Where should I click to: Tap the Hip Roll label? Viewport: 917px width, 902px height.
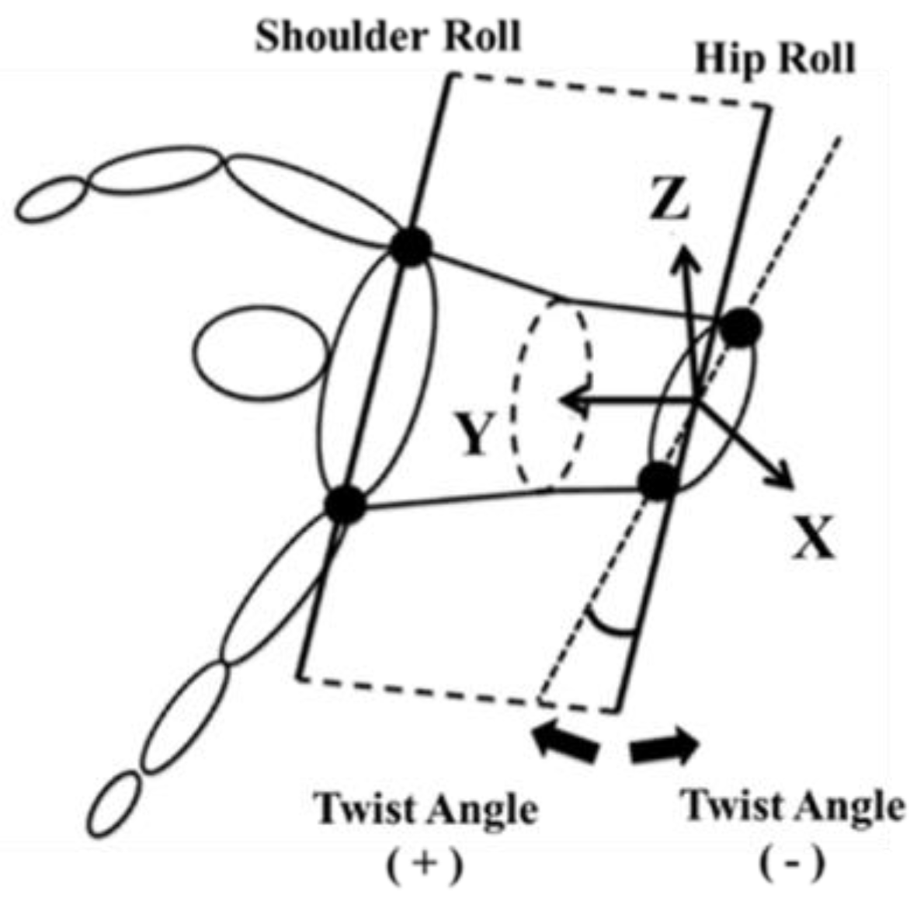(774, 58)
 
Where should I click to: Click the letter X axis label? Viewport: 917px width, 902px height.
(814, 539)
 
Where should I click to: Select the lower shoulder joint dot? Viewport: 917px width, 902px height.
(345, 505)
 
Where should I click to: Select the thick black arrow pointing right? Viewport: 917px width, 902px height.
(665, 747)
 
